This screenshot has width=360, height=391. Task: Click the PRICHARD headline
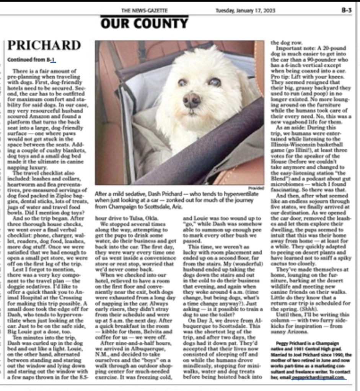44,45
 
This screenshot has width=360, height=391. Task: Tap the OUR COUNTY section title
144,23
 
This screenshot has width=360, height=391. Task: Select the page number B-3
346,11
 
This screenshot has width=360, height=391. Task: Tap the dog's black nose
191,100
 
